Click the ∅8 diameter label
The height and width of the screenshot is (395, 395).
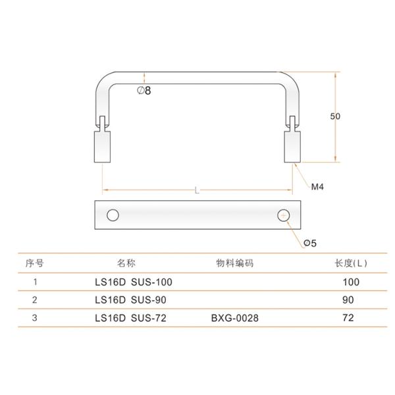(144, 92)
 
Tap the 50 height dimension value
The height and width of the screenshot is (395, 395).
(336, 116)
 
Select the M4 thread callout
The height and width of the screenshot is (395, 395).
(318, 187)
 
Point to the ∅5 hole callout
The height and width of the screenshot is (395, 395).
(310, 243)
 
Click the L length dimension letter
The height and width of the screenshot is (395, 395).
(197, 191)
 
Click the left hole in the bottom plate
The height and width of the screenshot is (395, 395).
(113, 215)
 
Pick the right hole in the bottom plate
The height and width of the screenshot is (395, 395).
(283, 215)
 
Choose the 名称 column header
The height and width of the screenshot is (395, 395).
(126, 263)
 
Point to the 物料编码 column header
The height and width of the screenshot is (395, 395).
(235, 263)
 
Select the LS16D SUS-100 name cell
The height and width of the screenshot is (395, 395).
(134, 282)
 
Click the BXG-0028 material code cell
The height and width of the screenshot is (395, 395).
(235, 318)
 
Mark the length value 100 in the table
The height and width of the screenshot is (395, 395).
(351, 282)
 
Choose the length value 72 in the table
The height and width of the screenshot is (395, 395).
(348, 318)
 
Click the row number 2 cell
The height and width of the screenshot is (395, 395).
(34, 300)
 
